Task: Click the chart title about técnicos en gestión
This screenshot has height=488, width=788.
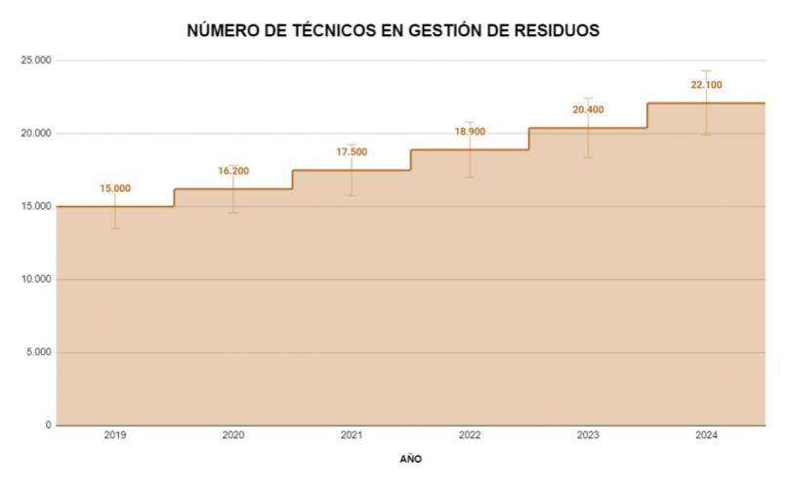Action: click(393, 31)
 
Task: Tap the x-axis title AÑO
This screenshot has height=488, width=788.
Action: click(411, 458)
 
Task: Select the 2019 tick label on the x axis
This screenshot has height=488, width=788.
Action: click(115, 435)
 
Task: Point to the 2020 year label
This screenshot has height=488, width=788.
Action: click(233, 435)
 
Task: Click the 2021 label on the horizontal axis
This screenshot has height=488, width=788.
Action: click(352, 435)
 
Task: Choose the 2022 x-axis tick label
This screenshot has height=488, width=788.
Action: click(470, 435)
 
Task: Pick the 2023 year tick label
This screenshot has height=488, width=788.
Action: click(588, 435)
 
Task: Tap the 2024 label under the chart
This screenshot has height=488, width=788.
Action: click(706, 435)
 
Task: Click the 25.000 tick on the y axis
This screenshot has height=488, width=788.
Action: click(37, 61)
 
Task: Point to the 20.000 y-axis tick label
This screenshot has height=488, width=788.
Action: click(37, 134)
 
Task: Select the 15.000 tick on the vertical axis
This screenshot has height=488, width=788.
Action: click(37, 206)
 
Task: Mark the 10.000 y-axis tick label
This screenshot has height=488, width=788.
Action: click(37, 279)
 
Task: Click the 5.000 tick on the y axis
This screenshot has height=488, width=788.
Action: click(40, 352)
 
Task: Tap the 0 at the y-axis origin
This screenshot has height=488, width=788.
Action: click(48, 426)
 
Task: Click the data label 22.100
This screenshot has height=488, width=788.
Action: click(706, 86)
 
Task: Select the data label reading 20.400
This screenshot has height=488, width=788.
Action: click(588, 110)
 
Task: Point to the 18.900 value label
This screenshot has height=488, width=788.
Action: click(470, 132)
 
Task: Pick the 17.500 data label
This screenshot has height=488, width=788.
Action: click(352, 152)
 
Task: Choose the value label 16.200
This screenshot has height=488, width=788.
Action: click(233, 171)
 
